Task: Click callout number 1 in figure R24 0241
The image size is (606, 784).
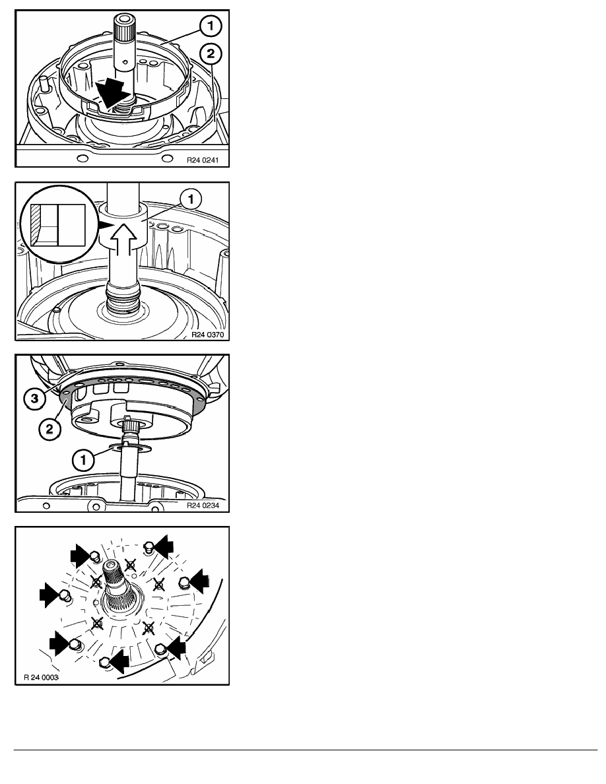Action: point(210,26)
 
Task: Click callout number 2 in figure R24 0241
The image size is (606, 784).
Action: point(210,53)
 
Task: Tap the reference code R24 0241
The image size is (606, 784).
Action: point(203,160)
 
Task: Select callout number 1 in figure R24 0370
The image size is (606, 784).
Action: point(191,199)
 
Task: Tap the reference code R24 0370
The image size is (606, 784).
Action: point(207,335)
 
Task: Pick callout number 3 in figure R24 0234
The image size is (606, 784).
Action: point(34,399)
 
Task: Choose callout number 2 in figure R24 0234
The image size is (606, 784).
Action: point(50,428)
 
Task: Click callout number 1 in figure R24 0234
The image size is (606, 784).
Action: point(83,459)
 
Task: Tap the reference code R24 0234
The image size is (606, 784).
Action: point(203,505)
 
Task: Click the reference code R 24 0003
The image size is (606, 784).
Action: point(42,678)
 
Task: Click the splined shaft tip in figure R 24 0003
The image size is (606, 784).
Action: point(112,568)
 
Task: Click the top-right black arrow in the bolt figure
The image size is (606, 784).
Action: point(163,546)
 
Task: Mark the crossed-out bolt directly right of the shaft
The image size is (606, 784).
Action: point(158,583)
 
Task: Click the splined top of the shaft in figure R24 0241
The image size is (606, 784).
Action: point(122,28)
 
